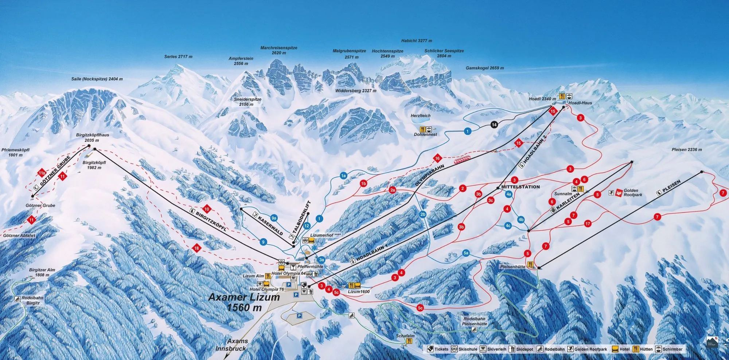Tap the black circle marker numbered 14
point(494,125)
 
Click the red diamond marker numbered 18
point(197,248)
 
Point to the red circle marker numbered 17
point(588,224)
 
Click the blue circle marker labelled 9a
point(274,218)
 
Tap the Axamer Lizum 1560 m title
point(244,302)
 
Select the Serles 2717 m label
point(178,57)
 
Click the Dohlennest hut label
point(425,135)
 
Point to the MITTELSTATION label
point(520,187)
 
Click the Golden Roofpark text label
point(633,193)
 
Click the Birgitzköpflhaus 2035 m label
point(93,138)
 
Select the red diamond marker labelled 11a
point(42,173)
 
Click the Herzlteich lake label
point(421,116)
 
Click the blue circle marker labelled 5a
point(466,253)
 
